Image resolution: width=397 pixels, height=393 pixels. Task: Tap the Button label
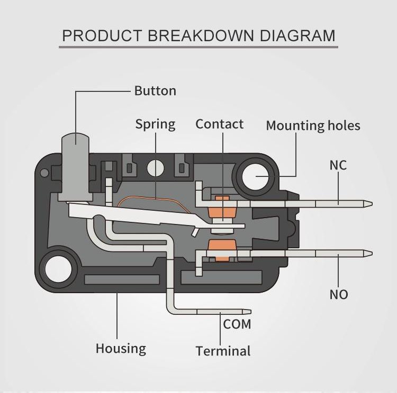point(155,91)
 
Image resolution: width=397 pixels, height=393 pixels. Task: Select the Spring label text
point(155,125)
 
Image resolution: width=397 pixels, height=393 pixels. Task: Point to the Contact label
point(219,124)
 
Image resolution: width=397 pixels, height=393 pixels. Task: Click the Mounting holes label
point(313,126)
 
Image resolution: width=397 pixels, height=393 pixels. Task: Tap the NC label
point(338,165)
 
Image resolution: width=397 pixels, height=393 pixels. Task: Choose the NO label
point(339,294)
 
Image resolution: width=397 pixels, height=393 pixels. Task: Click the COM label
point(237,324)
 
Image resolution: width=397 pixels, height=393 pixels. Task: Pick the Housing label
point(121,349)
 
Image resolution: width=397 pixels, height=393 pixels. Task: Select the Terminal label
point(223,351)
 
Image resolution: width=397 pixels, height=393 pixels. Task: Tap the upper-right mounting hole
point(256,176)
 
